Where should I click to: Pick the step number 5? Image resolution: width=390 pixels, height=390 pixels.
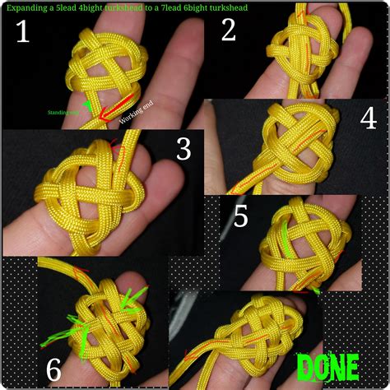click(241, 216)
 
